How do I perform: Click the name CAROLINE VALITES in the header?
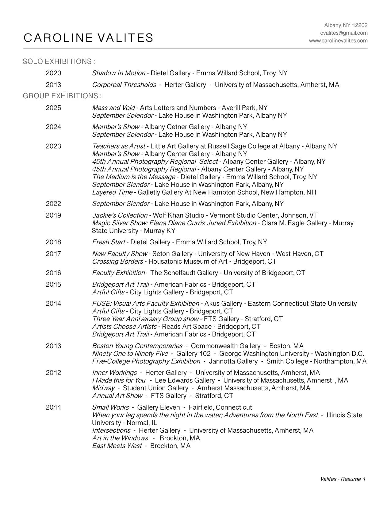tap(88, 38)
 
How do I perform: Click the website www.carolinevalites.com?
tap(338, 41)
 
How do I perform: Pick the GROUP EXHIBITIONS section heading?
tap(62, 96)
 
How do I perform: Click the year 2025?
tap(53, 108)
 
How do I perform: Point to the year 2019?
tap(53, 215)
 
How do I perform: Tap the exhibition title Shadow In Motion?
tap(119, 73)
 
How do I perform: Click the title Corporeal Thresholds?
tap(124, 85)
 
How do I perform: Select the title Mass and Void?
tap(113, 108)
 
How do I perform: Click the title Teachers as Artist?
tap(119, 146)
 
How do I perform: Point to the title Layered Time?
tap(112, 192)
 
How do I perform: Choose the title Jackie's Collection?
tap(120, 215)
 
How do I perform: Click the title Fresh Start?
tap(109, 242)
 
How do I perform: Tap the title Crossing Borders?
tap(117, 261)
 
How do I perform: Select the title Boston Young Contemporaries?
tap(137, 346)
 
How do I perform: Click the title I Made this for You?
tap(119, 380)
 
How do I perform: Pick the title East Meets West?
tap(117, 446)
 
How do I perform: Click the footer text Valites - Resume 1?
tap(343, 479)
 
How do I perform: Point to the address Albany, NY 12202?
tap(346, 25)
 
